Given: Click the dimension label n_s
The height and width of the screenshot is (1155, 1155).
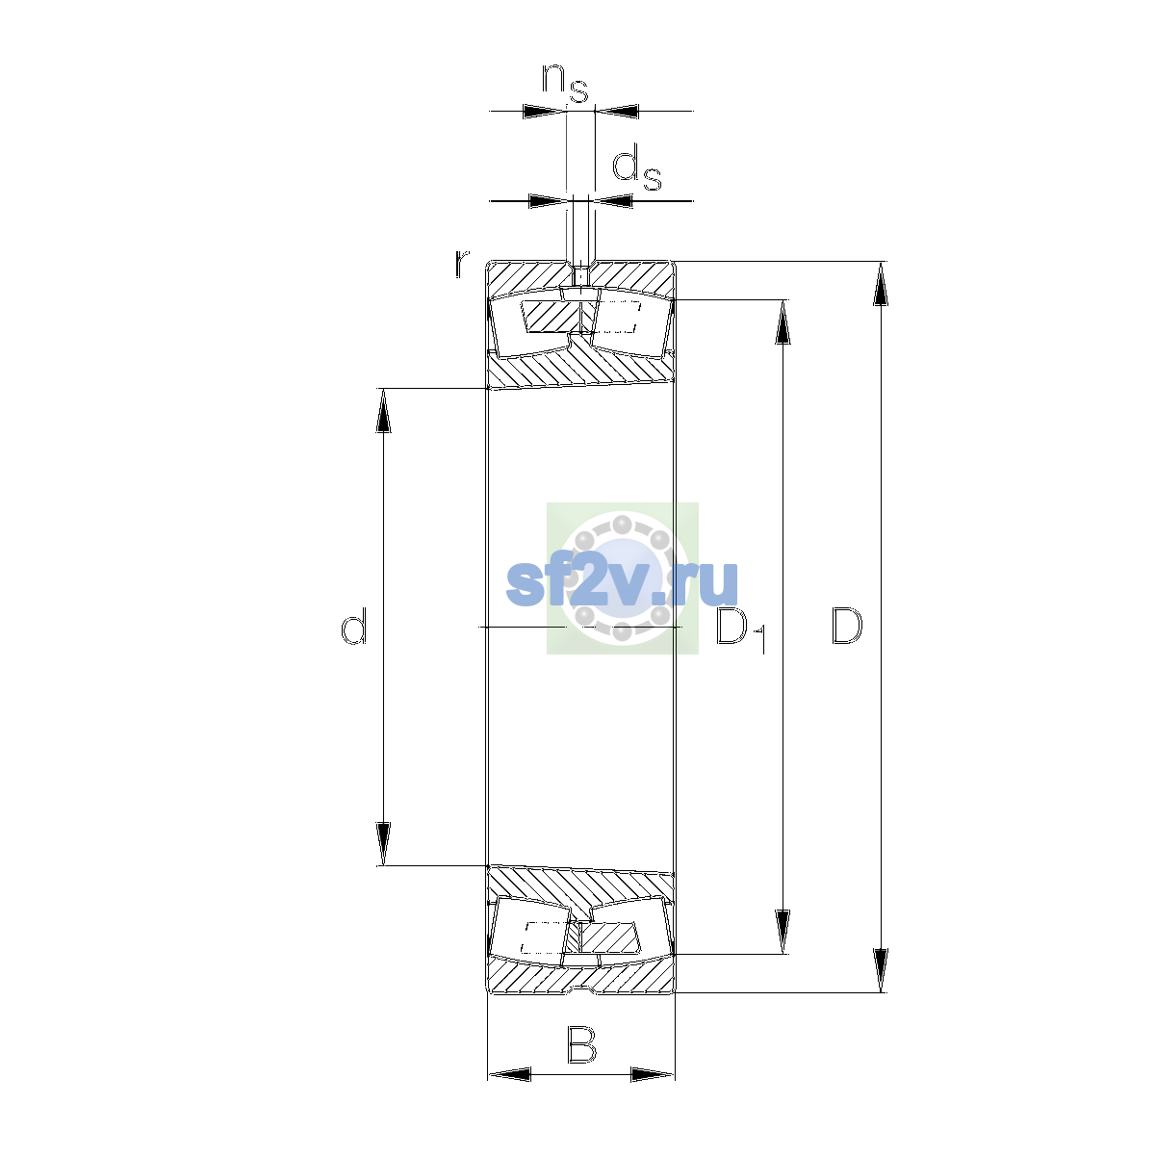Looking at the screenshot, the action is click(x=565, y=83).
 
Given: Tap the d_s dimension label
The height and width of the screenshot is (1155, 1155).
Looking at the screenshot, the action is click(x=636, y=170).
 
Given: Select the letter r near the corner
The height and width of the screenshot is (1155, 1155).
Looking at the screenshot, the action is click(x=462, y=265).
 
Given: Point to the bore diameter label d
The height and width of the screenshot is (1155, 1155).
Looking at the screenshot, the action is click(x=353, y=626).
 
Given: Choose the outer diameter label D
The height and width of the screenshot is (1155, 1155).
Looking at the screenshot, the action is click(x=848, y=626).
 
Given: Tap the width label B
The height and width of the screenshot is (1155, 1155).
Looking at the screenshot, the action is click(x=581, y=1044).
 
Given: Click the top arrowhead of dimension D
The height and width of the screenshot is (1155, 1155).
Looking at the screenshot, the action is click(x=881, y=284).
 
